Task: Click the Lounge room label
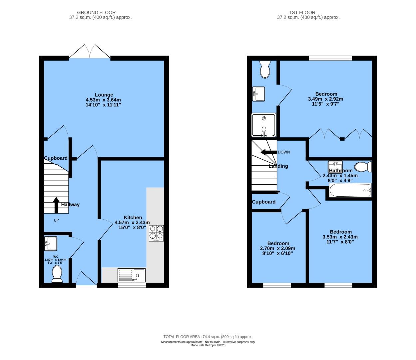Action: click(104, 95)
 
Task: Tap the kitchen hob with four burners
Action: click(156, 233)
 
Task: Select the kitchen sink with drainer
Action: click(132, 275)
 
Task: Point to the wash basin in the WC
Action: click(51, 244)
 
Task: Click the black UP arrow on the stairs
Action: click(56, 205)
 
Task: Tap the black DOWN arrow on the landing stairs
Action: click(269, 152)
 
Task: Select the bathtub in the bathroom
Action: click(350, 190)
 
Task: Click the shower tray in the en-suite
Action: click(264, 125)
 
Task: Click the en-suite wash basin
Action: click(258, 94)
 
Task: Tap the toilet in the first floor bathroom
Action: click(363, 167)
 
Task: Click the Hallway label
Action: click(70, 204)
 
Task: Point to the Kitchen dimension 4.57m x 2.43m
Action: click(132, 222)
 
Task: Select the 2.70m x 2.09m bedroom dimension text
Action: click(278, 248)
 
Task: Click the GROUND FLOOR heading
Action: click(96, 12)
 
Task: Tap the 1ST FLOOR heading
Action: click(302, 12)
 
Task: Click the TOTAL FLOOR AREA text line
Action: click(208, 337)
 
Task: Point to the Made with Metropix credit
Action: click(208, 345)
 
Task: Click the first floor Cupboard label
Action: click(264, 202)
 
